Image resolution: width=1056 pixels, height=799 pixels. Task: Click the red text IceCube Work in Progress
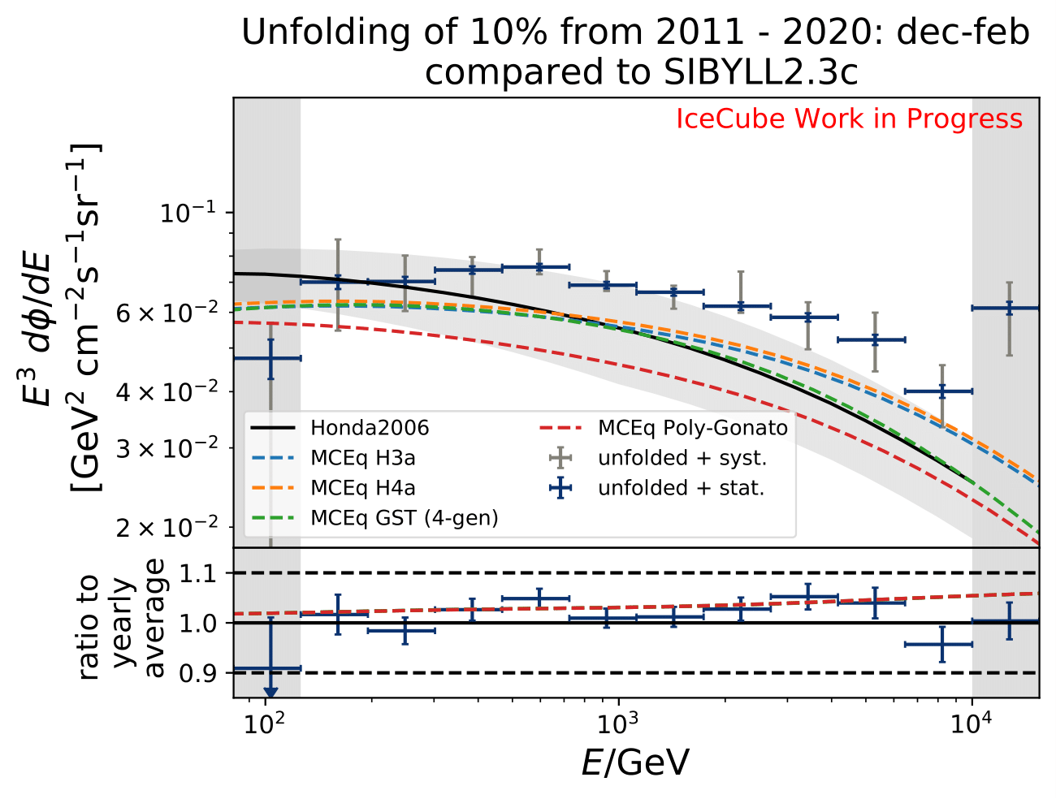[x=849, y=119]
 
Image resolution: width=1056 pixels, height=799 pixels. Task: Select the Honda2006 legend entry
[x=370, y=428]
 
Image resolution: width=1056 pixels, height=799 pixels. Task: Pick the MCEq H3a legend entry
[x=362, y=458]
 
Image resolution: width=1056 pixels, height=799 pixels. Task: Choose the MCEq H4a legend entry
[x=362, y=488]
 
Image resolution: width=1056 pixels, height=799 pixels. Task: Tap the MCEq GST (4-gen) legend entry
[x=404, y=518]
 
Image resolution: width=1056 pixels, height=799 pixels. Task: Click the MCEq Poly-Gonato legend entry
[x=692, y=428]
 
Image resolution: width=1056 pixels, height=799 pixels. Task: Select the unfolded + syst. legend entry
[x=682, y=458]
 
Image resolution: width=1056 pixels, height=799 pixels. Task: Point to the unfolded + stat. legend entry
[x=681, y=488]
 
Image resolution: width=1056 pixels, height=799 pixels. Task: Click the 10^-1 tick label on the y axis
[x=188, y=213]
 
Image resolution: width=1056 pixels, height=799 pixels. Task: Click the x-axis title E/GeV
[x=635, y=763]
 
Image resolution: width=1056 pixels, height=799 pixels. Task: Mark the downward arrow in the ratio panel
[x=270, y=691]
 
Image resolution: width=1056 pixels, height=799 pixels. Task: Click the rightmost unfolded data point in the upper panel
[x=1008, y=309]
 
